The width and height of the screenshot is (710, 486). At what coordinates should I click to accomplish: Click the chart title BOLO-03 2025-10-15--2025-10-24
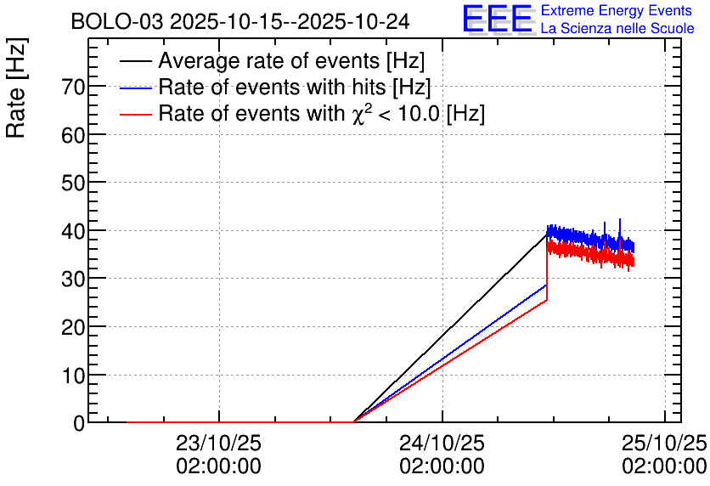point(240,21)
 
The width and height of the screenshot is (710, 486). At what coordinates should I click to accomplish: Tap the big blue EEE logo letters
point(497,20)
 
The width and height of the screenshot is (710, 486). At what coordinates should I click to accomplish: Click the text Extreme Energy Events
point(617,11)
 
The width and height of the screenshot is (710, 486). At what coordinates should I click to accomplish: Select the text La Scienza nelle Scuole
point(617,29)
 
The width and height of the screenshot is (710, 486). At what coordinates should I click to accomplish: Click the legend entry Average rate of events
point(290,62)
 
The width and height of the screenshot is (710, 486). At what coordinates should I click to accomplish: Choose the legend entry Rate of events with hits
point(294,88)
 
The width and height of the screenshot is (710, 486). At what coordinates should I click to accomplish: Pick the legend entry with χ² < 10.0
point(321,114)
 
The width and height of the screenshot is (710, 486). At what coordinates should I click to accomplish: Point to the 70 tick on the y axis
point(74,87)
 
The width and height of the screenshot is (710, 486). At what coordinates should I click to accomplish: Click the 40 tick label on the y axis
point(74,231)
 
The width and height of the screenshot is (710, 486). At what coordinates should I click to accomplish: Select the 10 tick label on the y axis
point(74,375)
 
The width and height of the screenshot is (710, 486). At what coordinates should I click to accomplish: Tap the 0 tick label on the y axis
point(79,423)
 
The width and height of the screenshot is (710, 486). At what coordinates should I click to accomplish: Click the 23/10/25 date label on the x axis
point(218,444)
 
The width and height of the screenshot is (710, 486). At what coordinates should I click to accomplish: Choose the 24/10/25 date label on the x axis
point(442,444)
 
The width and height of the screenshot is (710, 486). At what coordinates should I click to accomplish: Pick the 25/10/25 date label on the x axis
point(665,444)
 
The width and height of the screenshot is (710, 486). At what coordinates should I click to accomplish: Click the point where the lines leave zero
point(353,421)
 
